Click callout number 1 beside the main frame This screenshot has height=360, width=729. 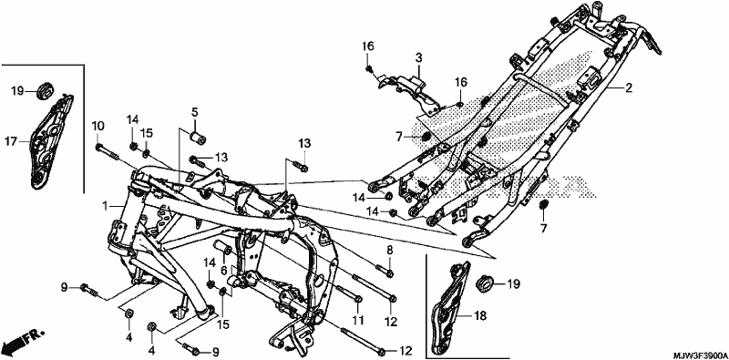(x=106, y=205)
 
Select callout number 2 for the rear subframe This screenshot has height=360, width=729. (x=629, y=87)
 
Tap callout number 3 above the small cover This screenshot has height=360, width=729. (x=418, y=58)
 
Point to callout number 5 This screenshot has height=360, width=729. (x=194, y=112)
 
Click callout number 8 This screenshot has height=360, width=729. (x=390, y=251)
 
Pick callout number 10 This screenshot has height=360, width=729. (x=98, y=126)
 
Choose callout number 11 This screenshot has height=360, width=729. (x=357, y=320)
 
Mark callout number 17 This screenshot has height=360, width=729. (x=11, y=140)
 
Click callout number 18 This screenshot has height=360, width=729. (x=480, y=316)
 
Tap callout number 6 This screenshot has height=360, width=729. (x=223, y=271)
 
